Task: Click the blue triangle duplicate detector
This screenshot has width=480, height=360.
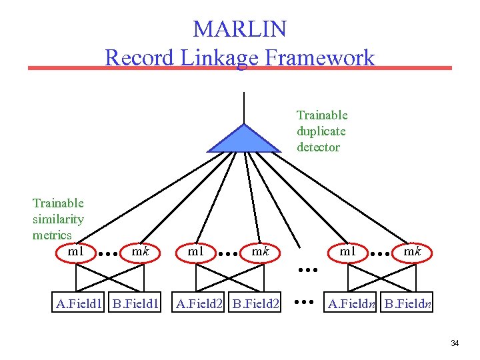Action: [245, 140]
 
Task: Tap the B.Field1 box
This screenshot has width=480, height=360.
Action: [136, 304]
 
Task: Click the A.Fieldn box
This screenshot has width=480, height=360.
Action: [351, 304]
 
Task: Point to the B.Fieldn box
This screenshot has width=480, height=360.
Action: [408, 304]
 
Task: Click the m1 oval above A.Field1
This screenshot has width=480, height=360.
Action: [76, 252]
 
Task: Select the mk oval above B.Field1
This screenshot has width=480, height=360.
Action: [140, 252]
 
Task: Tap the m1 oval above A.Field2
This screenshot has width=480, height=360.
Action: [195, 252]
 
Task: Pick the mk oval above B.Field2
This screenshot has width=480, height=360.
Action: [259, 252]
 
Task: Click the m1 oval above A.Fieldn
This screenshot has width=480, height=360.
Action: [347, 252]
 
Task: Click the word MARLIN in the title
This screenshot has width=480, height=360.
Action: [239, 29]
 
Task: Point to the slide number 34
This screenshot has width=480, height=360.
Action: [455, 343]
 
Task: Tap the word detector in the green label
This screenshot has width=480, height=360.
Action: [318, 147]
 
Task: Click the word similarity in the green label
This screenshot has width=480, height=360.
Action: [58, 219]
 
